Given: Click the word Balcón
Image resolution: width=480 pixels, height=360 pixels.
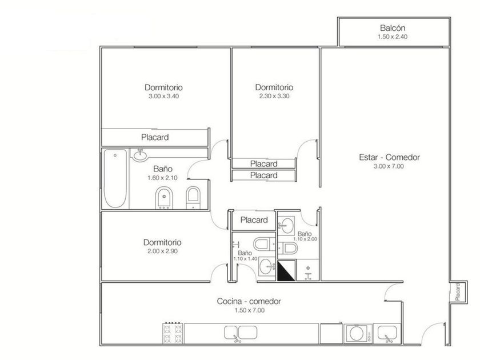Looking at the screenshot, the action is pyautogui.click(x=393, y=28).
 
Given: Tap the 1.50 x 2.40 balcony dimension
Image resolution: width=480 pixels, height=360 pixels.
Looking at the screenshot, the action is pyautogui.click(x=393, y=37).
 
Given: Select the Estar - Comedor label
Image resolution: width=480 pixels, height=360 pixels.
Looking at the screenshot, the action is pyautogui.click(x=389, y=157).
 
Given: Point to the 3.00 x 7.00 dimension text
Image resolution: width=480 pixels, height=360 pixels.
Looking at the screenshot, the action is pyautogui.click(x=389, y=166).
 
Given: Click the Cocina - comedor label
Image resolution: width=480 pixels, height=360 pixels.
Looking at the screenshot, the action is pyautogui.click(x=249, y=301).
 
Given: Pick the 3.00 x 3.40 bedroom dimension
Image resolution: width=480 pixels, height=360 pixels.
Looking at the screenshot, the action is pyautogui.click(x=164, y=96).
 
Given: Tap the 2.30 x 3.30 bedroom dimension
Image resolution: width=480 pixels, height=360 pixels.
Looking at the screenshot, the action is pyautogui.click(x=274, y=96).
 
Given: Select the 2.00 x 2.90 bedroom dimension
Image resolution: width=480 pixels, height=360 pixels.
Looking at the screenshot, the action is pyautogui.click(x=162, y=251).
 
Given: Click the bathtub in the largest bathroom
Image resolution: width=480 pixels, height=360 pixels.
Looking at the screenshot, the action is pyautogui.click(x=115, y=178).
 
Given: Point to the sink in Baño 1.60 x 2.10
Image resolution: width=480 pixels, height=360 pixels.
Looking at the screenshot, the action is pyautogui.click(x=140, y=155).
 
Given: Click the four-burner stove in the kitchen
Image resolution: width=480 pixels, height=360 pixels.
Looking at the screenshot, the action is pyautogui.click(x=173, y=333).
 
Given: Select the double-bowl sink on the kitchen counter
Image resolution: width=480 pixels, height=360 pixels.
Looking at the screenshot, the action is pyautogui.click(x=241, y=333).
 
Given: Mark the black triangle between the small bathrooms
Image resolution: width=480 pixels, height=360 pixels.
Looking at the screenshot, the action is pyautogui.click(x=286, y=271).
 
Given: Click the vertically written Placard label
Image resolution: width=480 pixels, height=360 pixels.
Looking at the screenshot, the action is pyautogui.click(x=458, y=292).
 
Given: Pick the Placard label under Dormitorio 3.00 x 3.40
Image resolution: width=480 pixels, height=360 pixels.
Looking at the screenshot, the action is pyautogui.click(x=155, y=137).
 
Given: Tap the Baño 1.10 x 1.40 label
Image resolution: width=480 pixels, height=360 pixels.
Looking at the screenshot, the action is pyautogui.click(x=245, y=255).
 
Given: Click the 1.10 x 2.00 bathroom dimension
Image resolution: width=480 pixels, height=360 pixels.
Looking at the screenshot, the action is pyautogui.click(x=305, y=239).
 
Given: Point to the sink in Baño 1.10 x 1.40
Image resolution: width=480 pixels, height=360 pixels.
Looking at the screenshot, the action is pyautogui.click(x=267, y=266).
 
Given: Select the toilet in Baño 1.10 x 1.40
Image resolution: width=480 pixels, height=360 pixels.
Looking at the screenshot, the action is pyautogui.click(x=265, y=245).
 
